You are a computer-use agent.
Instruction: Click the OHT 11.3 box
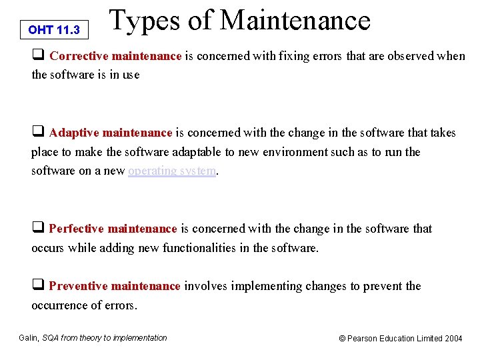point(55,30)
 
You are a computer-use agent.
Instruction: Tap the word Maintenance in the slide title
point(295,20)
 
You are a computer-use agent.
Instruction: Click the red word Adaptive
point(76,133)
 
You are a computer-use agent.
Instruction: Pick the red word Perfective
point(79,229)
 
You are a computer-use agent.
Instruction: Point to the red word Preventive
point(79,286)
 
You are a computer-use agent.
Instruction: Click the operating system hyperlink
point(172,171)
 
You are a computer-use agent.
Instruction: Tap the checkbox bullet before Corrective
point(38,56)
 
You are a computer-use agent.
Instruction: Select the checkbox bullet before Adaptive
point(38,133)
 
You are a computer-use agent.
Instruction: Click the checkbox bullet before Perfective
point(38,229)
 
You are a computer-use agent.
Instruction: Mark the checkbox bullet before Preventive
point(38,286)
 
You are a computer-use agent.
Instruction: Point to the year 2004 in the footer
point(453,339)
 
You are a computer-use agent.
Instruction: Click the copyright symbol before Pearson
point(343,339)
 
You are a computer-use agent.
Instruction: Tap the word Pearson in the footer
point(363,339)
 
